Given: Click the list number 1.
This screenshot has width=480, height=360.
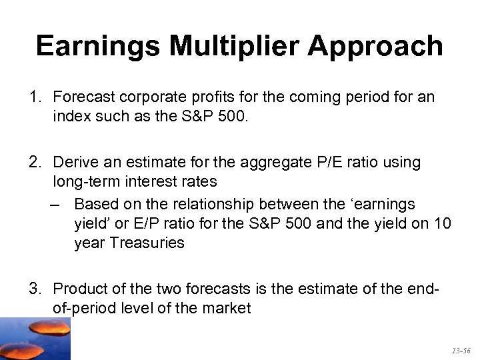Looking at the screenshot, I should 34,97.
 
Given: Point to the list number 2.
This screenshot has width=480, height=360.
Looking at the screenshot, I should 34,162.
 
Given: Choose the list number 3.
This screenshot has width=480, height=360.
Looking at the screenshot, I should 34,288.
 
